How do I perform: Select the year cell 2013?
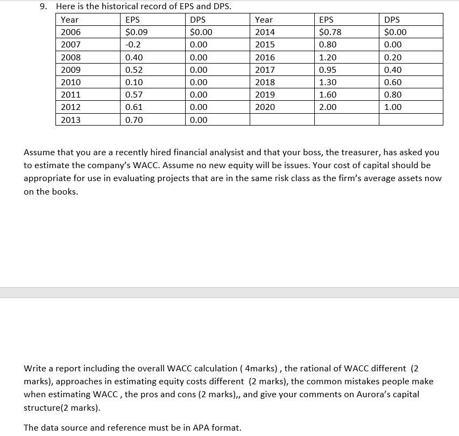70,120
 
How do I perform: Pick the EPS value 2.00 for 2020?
328,107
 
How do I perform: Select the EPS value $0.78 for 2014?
330,32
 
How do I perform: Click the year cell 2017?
265,70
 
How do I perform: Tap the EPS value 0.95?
328,70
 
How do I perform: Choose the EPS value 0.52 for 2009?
133,70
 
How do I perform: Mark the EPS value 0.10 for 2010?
133,82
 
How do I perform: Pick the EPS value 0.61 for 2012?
133,107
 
